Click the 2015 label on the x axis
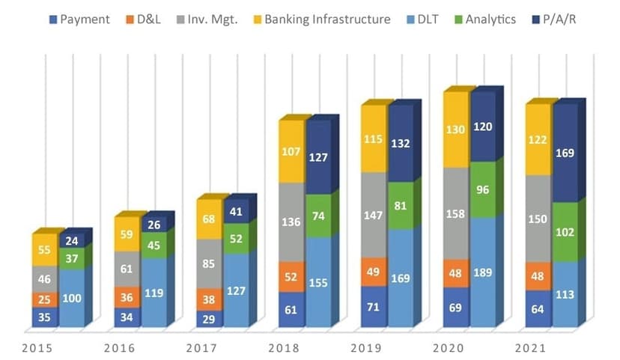(37, 348)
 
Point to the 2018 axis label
(284, 348)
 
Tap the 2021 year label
(531, 348)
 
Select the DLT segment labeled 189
(484, 271)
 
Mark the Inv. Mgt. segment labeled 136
(292, 222)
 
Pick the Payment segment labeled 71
(374, 306)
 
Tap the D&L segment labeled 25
(45, 299)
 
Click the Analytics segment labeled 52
(237, 237)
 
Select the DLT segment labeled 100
(73, 298)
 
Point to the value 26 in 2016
(154, 224)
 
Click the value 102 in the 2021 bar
(566, 232)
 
